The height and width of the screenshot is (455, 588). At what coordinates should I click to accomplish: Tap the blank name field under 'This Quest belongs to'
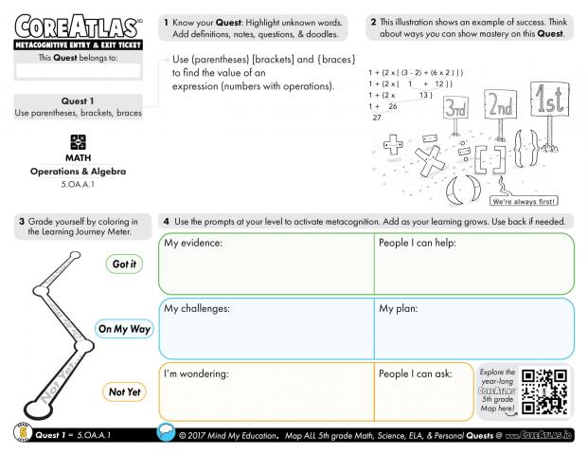tap(78, 70)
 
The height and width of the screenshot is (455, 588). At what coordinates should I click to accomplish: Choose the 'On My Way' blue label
tap(124, 329)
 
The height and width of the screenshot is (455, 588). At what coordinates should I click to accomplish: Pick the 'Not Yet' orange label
tap(122, 391)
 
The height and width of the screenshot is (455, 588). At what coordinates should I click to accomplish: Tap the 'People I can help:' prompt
tap(418, 244)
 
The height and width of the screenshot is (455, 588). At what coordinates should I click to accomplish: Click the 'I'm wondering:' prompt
tap(197, 373)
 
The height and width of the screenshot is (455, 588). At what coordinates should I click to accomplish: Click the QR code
tap(545, 391)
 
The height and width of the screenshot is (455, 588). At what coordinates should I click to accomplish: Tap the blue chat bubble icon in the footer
tap(168, 434)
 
